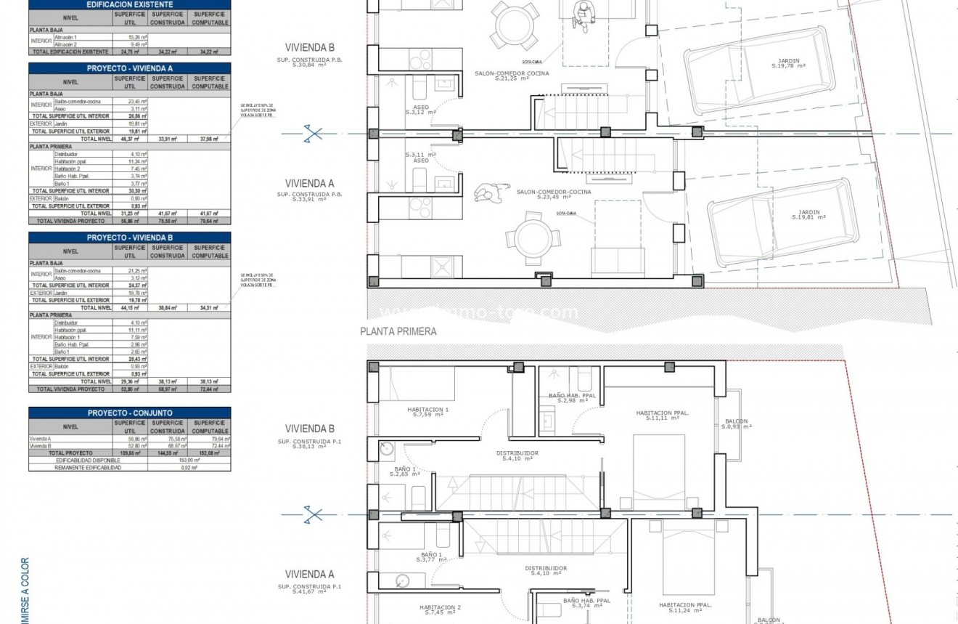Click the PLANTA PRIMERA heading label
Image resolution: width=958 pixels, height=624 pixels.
click(x=398, y=331)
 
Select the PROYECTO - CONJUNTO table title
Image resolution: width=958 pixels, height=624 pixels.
click(x=130, y=413)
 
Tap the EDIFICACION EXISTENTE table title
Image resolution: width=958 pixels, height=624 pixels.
click(x=130, y=4)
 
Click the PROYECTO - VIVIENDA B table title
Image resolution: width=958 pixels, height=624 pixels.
click(x=130, y=238)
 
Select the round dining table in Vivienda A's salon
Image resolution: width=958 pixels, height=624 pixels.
click(x=533, y=238)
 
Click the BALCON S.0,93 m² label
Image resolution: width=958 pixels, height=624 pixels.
click(x=736, y=424)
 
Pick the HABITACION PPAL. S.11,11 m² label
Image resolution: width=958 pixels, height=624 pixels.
click(x=662, y=416)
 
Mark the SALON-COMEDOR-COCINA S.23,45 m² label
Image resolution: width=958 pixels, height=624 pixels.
click(x=554, y=195)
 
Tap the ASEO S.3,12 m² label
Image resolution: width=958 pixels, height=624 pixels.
click(x=420, y=110)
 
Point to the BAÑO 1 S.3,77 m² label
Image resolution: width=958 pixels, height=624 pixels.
click(x=429, y=557)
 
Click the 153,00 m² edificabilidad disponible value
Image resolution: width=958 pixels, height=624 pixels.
click(x=189, y=461)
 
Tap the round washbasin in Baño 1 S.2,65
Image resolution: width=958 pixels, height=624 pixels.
click(x=386, y=450)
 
